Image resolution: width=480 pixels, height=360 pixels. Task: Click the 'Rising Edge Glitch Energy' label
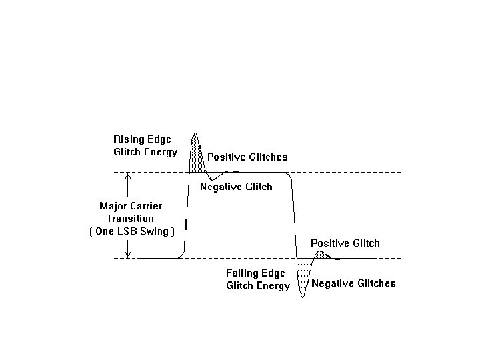coord(145,145)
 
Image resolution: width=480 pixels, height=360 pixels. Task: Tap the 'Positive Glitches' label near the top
coord(247,157)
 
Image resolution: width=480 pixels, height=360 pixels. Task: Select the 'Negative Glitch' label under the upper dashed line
coord(236,187)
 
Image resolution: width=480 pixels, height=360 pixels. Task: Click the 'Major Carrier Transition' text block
coord(131,212)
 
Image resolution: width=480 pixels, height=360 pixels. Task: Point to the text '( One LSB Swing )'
coord(131,231)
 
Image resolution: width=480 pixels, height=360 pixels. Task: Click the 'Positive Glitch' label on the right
coord(345,243)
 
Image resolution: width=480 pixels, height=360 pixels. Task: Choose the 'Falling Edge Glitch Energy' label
coord(257,279)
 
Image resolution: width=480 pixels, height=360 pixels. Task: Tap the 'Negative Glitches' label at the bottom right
coord(353,283)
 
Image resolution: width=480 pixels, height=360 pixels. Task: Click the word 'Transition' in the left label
coord(131,219)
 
